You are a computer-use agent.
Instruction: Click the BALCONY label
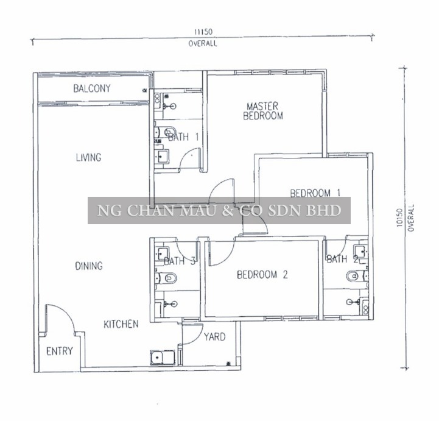92,88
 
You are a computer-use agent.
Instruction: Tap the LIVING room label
88,157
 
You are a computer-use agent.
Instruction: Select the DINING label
89,266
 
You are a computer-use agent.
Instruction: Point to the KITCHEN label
121,324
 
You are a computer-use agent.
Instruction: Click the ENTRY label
59,351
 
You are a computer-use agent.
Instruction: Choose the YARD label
214,337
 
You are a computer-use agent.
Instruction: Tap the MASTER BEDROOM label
263,111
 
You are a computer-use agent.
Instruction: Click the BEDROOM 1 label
315,193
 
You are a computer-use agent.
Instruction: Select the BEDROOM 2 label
262,275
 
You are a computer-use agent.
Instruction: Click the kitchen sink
163,358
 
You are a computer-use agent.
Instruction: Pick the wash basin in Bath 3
162,253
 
